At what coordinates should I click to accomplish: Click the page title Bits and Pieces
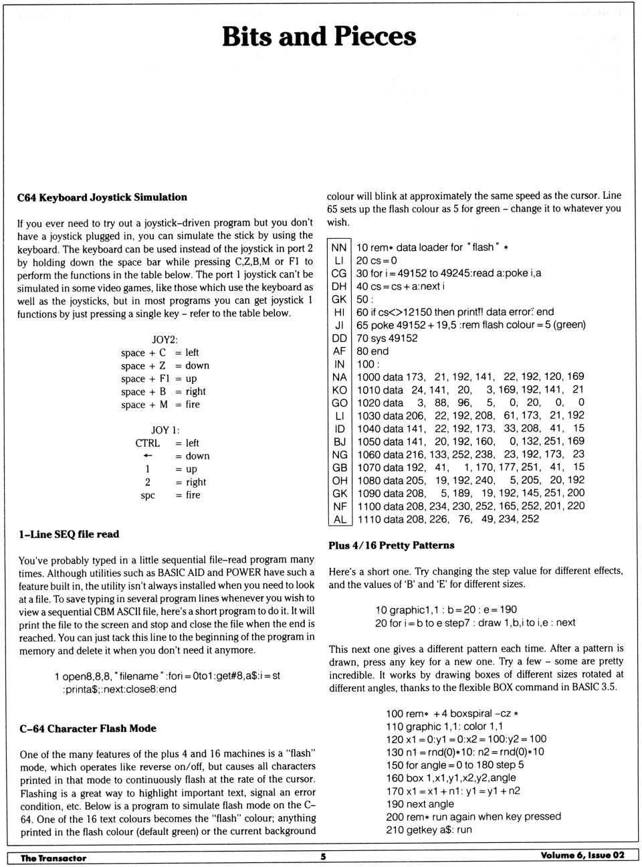click(x=319, y=37)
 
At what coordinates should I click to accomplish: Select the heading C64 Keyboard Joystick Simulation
click(x=102, y=197)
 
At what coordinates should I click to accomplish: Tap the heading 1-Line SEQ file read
click(x=69, y=535)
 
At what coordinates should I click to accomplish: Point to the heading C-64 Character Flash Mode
click(x=88, y=729)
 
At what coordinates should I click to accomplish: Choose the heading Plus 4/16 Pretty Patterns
click(x=391, y=545)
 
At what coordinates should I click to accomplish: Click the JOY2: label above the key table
click(x=165, y=340)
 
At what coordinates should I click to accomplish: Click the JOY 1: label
click(x=165, y=430)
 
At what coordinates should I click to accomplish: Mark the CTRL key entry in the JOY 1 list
click(x=147, y=443)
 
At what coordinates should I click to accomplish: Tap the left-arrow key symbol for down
click(x=148, y=456)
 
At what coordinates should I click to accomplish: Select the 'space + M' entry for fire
click(x=144, y=405)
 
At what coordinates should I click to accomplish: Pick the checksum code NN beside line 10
click(x=339, y=248)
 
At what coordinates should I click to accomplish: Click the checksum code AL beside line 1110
click(x=340, y=519)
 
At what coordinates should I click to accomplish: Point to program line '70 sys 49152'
click(x=387, y=339)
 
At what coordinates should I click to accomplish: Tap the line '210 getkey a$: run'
click(x=429, y=830)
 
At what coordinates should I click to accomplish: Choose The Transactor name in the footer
click(x=53, y=858)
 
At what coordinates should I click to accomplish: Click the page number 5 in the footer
click(x=323, y=857)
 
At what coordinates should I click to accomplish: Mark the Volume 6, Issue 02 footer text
click(x=582, y=856)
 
